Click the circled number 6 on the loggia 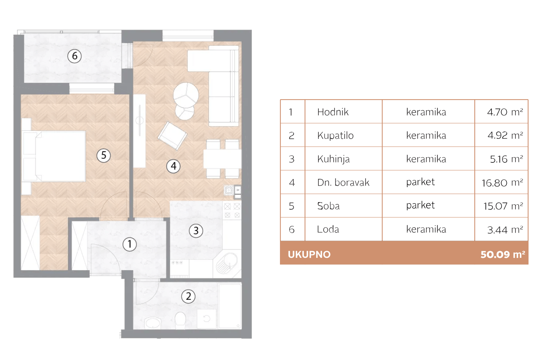(x=74, y=56)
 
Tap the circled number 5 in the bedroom (x=104, y=155)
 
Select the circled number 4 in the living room (x=173, y=166)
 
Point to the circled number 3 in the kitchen (x=196, y=231)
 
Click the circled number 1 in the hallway (x=130, y=244)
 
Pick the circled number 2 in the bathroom (x=188, y=296)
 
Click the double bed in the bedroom (x=54, y=156)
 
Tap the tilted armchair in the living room (x=172, y=136)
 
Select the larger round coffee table (x=186, y=95)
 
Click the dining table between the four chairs (x=222, y=159)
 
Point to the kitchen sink (x=227, y=263)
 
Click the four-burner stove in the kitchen (x=232, y=210)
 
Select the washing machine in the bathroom (x=207, y=319)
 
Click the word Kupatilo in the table (x=335, y=135)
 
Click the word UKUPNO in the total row (x=309, y=254)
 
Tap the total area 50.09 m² (x=503, y=254)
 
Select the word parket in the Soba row (x=421, y=205)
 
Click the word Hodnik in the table (x=333, y=112)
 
